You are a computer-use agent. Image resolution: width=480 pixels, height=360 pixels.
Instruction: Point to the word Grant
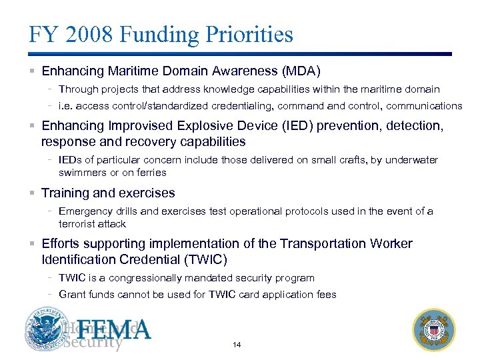(71, 295)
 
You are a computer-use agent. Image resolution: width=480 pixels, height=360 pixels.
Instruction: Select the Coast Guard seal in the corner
(435, 330)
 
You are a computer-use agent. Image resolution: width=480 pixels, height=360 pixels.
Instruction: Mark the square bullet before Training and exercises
(33, 193)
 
